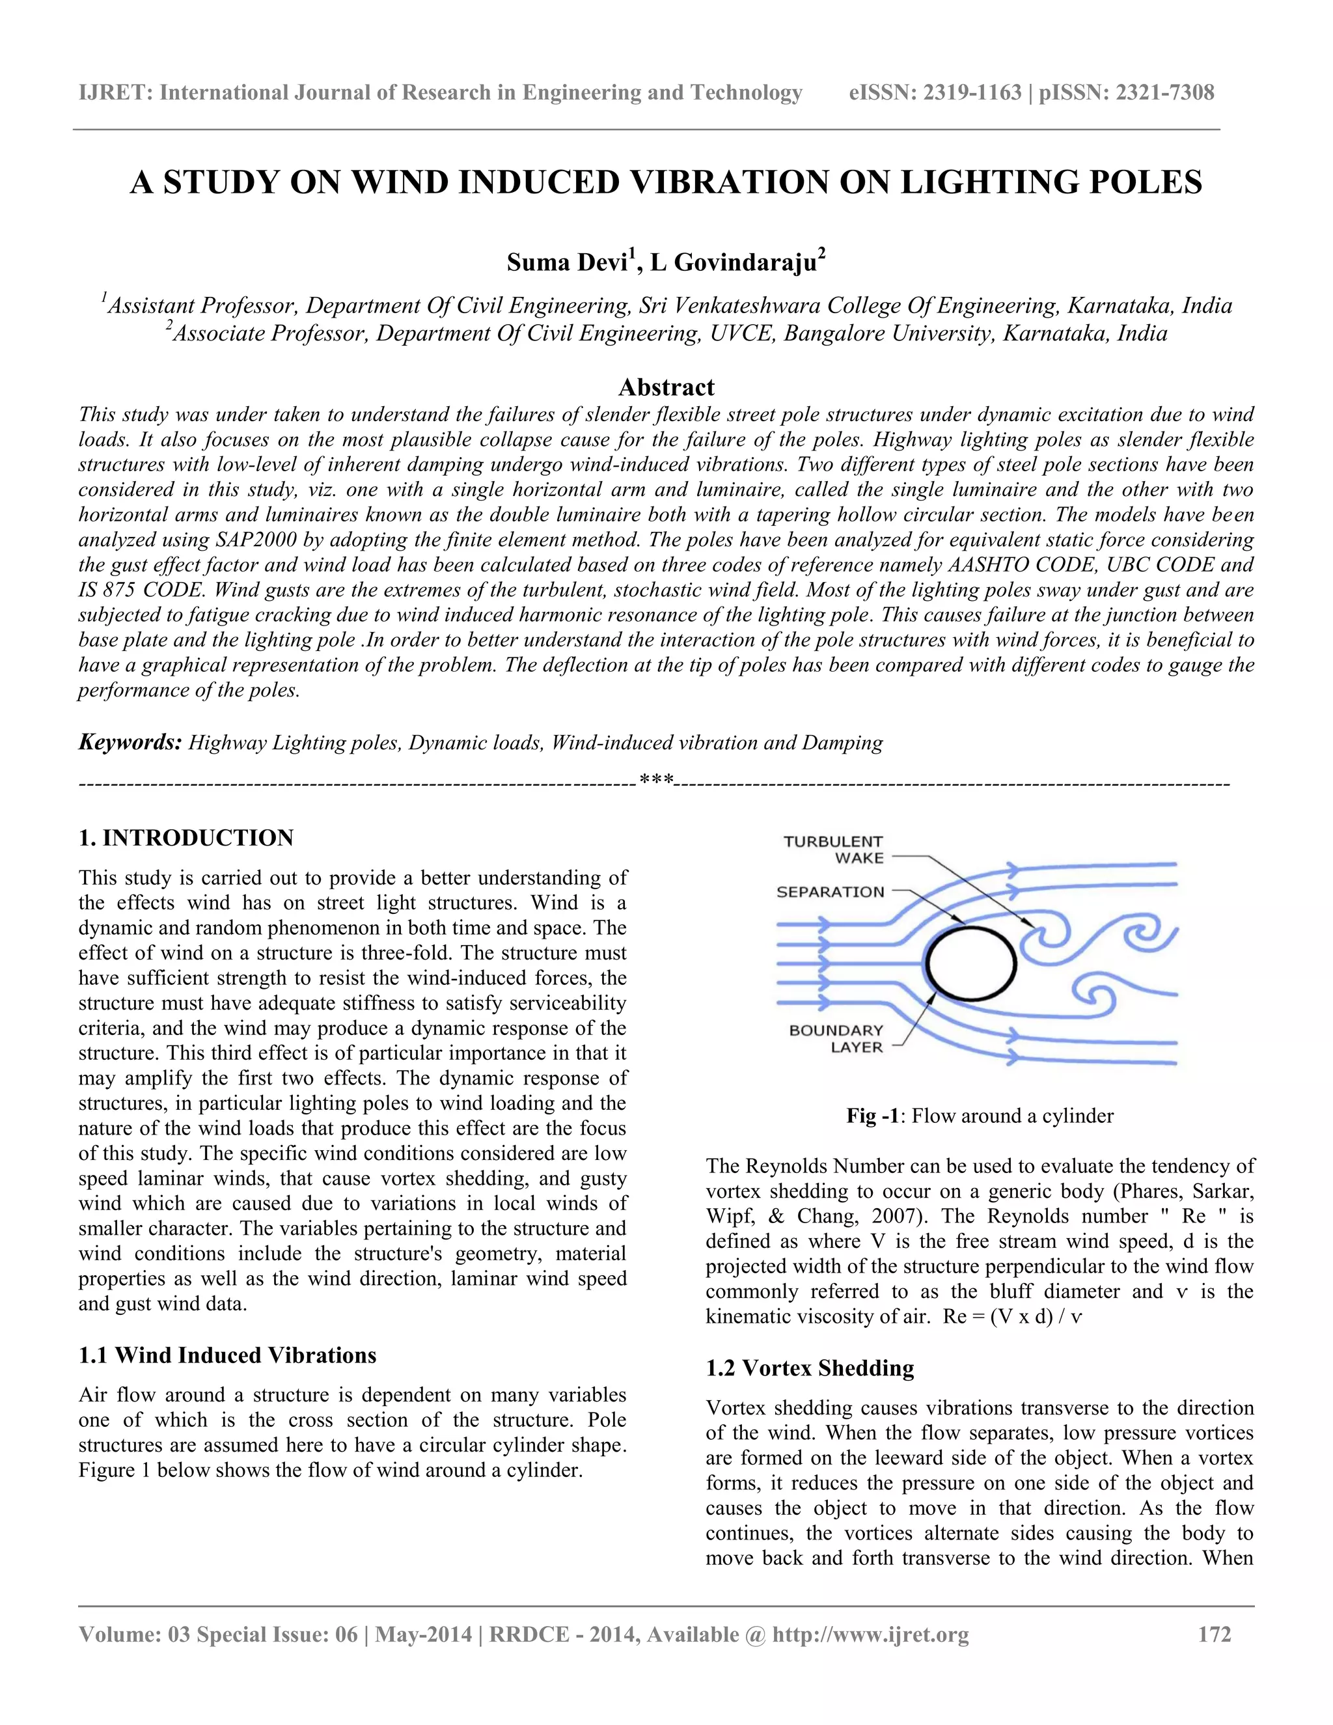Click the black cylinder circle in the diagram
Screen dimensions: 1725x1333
[x=970, y=965]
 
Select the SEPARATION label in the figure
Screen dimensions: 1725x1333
[x=830, y=892]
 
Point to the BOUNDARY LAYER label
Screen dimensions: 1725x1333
[x=836, y=1039]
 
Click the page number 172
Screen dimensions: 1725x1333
[x=1215, y=1635]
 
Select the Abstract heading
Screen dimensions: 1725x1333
[x=666, y=387]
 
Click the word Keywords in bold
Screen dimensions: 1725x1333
[x=130, y=743]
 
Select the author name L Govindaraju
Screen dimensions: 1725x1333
[x=733, y=262]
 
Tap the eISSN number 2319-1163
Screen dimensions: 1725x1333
[x=972, y=93]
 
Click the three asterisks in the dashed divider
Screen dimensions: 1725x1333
[x=656, y=781]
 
